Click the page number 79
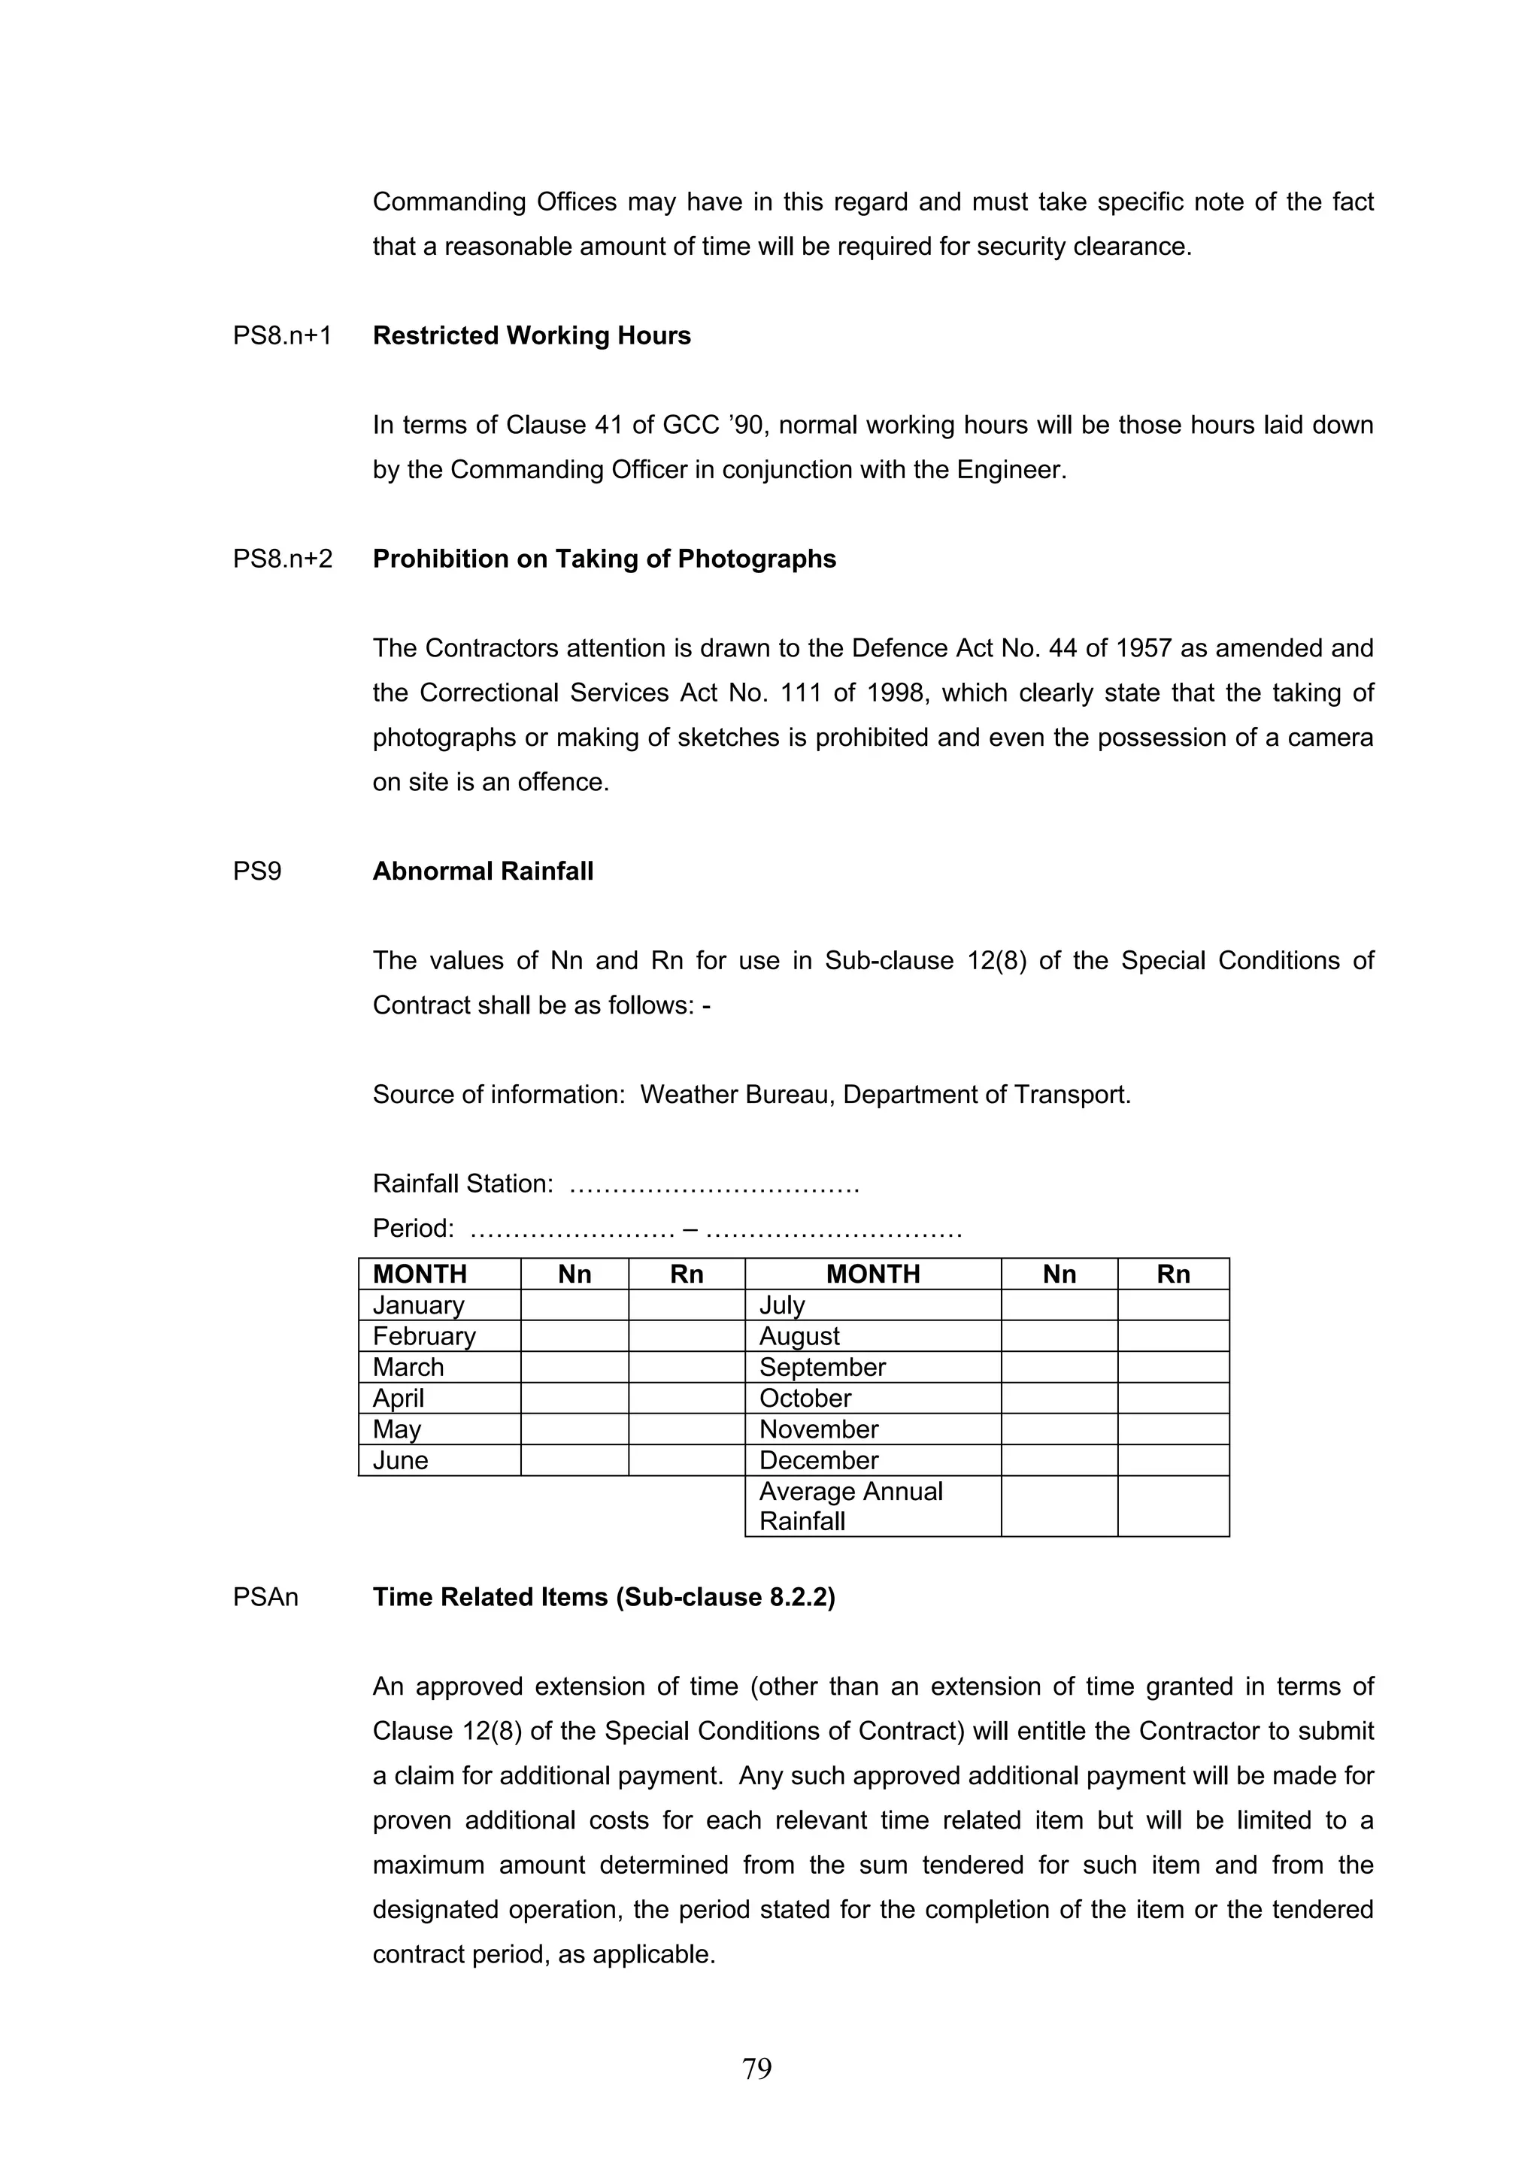(x=756, y=2068)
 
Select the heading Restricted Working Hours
(x=532, y=336)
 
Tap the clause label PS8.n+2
(x=283, y=559)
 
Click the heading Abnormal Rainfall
(x=483, y=871)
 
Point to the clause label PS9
(x=257, y=871)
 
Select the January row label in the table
(x=418, y=1305)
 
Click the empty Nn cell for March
(x=574, y=1367)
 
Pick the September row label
(x=822, y=1367)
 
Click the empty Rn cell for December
(x=1173, y=1459)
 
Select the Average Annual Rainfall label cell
(x=850, y=1505)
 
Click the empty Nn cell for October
(x=1059, y=1398)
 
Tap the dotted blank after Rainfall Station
(x=714, y=1184)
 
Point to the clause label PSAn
(x=265, y=1597)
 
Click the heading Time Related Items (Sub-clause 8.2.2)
(x=604, y=1597)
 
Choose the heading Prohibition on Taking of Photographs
(x=605, y=559)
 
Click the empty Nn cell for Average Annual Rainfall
(x=1059, y=1505)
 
